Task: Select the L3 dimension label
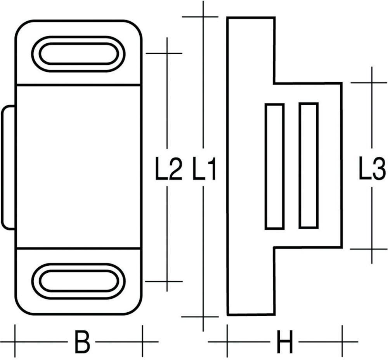[371, 170]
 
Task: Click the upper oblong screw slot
[78, 54]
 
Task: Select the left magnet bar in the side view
[275, 166]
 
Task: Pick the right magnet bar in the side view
[308, 166]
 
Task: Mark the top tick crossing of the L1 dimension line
[203, 17]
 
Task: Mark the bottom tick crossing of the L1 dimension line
[203, 317]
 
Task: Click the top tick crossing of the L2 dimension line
[167, 53]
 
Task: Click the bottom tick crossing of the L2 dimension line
[167, 281]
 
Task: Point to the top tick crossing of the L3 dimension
[371, 83]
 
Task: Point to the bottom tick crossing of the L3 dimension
[371, 249]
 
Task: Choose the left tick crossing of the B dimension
[15, 342]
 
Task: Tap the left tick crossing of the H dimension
[227, 342]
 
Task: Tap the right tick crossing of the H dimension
[342, 342]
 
